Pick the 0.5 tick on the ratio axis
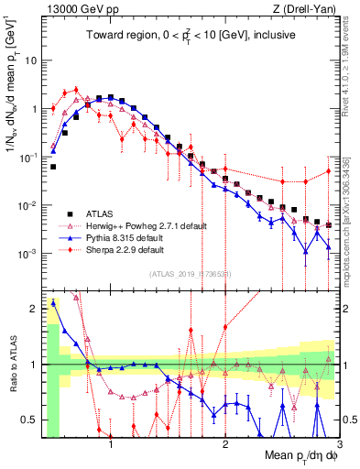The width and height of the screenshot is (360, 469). (30, 420)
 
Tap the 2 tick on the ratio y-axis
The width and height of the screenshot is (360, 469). (34, 309)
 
